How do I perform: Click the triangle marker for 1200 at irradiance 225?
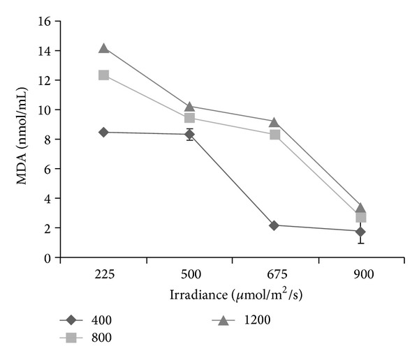(103, 48)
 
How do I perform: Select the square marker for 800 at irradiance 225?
(103, 75)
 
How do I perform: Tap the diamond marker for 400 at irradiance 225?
(103, 132)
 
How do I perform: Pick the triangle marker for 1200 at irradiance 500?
(189, 106)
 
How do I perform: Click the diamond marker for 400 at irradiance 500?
(189, 134)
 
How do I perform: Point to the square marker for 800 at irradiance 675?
(275, 134)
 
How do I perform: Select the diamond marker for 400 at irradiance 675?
(275, 225)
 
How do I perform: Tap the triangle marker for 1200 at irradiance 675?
(275, 122)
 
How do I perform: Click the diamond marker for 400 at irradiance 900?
(360, 232)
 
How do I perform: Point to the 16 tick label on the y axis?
(43, 22)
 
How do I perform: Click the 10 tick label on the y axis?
(43, 110)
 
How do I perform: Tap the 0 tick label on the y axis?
(46, 258)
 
